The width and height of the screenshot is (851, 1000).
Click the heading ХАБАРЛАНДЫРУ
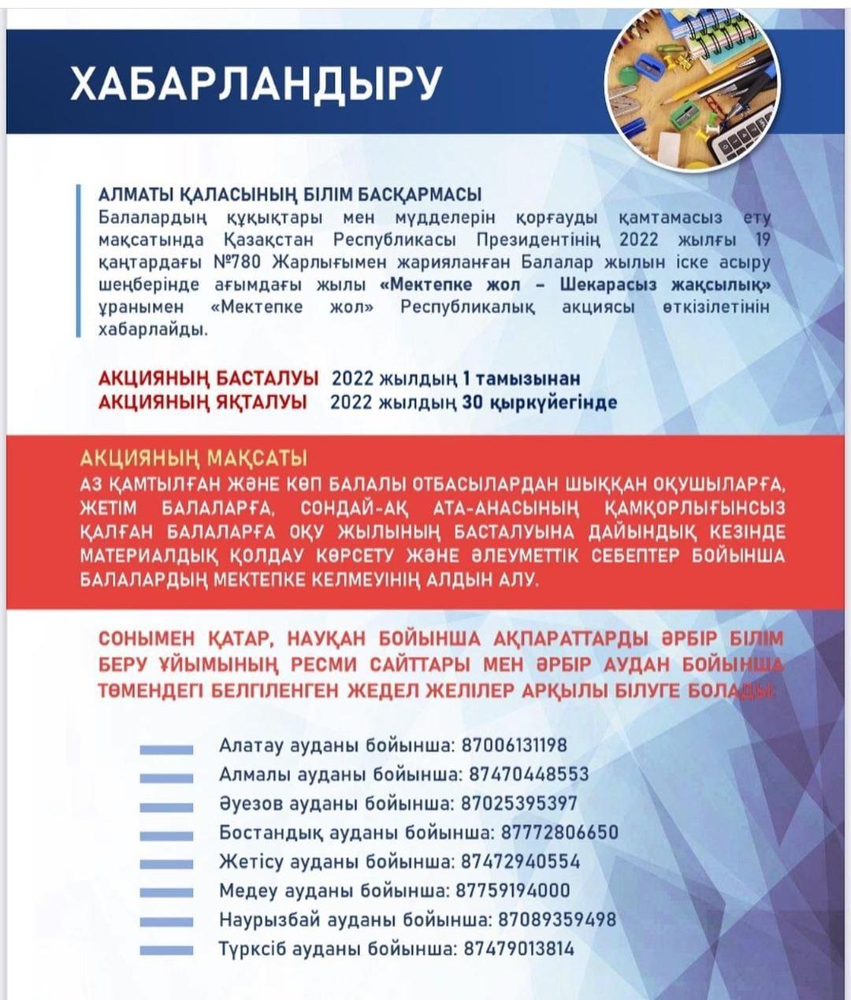pos(255,82)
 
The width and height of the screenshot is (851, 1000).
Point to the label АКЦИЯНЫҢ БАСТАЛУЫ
pos(208,378)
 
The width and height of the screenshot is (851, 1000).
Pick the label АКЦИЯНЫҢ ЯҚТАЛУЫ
pos(203,403)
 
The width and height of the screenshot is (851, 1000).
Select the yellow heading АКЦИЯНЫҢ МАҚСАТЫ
pos(194,459)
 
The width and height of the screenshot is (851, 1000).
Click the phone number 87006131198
pos(515,745)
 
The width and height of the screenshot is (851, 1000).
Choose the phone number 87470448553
pos(529,774)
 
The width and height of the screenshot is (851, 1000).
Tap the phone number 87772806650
pos(559,833)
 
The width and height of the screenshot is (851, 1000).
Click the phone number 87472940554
pos(520,861)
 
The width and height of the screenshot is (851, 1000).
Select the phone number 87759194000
pos(513,890)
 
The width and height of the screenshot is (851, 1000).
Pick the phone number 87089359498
pos(557,920)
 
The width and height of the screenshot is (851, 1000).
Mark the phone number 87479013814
pos(518,949)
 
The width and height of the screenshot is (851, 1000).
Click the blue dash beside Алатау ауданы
pos(166,750)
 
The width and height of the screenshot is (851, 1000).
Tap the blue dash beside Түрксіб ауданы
pos(166,951)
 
